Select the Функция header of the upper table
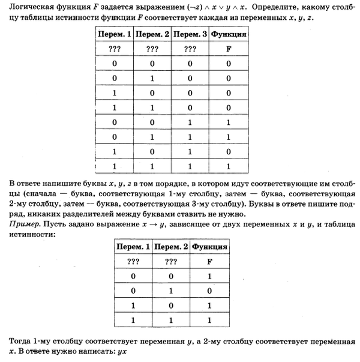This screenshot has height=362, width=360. [x=228, y=35]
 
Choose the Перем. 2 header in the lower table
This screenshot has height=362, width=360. [x=171, y=247]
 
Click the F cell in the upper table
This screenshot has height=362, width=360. [x=228, y=49]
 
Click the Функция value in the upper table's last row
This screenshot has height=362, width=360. [x=228, y=164]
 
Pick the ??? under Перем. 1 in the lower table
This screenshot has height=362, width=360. [x=133, y=262]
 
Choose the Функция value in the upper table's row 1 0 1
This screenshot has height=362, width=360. [x=228, y=149]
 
